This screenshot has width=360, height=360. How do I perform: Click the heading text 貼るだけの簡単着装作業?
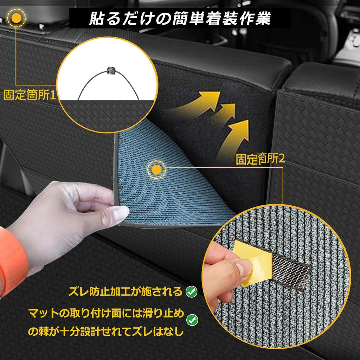click(180, 18)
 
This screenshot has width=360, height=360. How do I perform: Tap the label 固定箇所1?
click(30, 95)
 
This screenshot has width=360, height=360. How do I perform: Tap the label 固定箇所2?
click(260, 160)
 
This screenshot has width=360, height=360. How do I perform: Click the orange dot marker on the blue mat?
click(157, 170)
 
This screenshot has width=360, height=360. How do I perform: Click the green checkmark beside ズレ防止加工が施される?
click(191, 291)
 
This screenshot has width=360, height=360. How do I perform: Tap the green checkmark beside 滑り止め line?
click(192, 320)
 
